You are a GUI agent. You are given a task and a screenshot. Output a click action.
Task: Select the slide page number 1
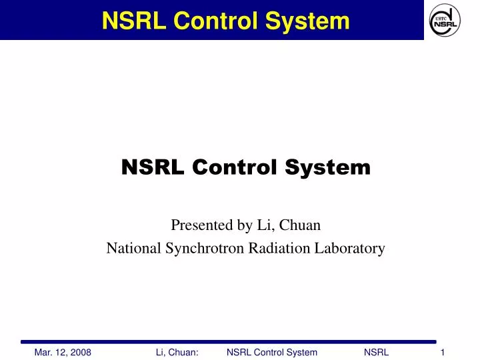[x=443, y=352]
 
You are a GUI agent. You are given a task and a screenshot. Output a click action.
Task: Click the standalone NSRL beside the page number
[x=377, y=352]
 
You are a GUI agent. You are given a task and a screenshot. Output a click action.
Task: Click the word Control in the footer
[x=270, y=352]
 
